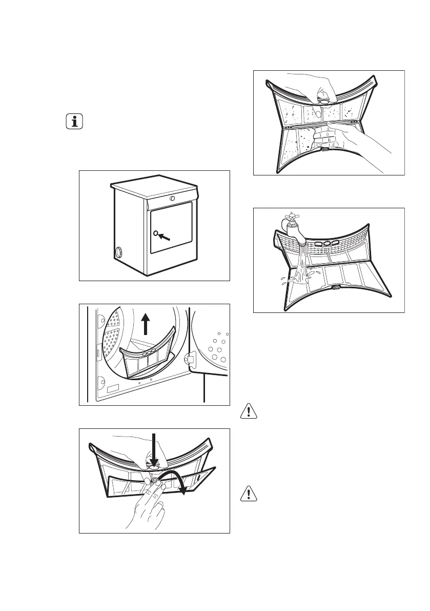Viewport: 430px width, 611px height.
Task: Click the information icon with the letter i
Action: [75, 122]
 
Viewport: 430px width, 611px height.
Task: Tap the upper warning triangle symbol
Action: [249, 411]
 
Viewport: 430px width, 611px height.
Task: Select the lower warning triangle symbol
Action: [249, 494]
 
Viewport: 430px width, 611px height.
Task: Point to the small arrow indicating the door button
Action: [166, 238]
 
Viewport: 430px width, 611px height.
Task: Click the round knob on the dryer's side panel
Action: [119, 252]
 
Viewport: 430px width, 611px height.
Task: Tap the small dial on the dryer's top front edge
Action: [172, 198]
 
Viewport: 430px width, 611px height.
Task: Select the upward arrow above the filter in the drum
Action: [146, 324]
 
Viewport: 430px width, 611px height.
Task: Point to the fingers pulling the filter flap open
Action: [151, 505]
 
